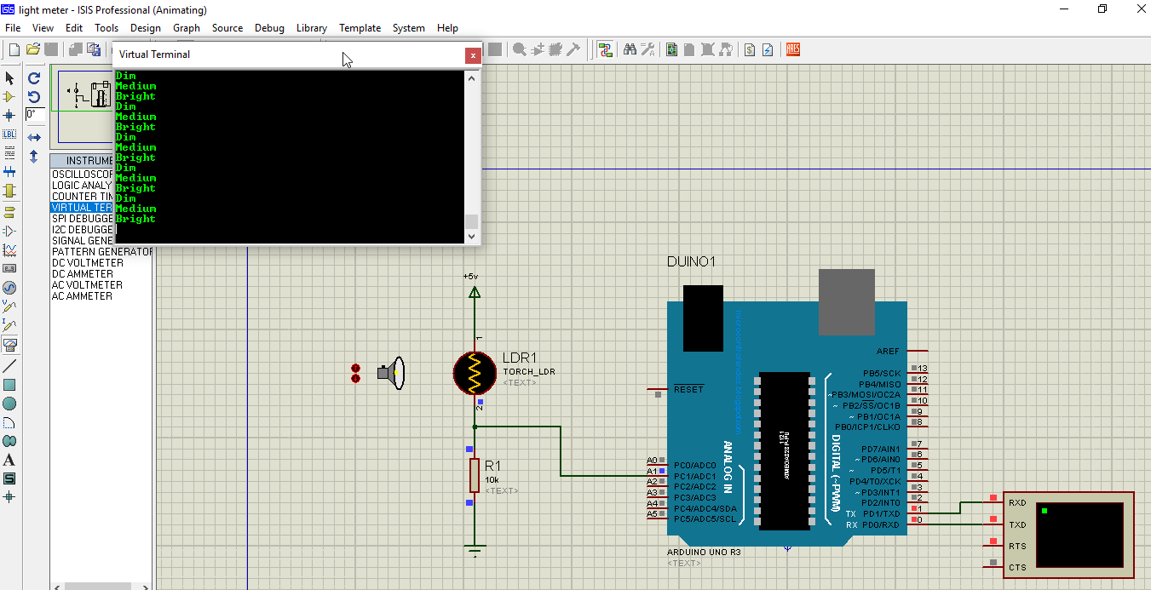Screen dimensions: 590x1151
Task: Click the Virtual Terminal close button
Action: tap(472, 55)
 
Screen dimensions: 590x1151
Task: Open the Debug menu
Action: tap(269, 28)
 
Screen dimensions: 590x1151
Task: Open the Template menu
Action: tap(360, 28)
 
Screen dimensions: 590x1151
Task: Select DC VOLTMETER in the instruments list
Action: tap(88, 263)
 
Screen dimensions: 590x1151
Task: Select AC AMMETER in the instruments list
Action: tap(82, 296)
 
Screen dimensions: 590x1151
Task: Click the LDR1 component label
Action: tap(520, 358)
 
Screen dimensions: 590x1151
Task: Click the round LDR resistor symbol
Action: tap(475, 373)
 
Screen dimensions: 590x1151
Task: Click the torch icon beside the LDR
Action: tap(394, 373)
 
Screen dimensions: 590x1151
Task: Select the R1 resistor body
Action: tap(475, 474)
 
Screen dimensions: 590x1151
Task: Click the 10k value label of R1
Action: tap(492, 480)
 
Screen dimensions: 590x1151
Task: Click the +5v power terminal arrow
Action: tap(475, 292)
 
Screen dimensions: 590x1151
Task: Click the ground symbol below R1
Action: tap(475, 548)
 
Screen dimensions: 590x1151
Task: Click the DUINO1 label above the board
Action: tap(692, 261)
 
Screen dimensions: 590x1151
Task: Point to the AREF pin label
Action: tap(887, 352)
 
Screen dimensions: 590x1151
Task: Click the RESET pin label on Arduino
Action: tap(688, 389)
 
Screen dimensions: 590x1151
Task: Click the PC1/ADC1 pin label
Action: tap(694, 476)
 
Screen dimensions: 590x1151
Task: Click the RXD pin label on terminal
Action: tap(1017, 503)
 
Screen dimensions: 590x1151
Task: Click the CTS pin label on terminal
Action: tap(1017, 567)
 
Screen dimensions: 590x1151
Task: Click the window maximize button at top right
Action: tap(1102, 9)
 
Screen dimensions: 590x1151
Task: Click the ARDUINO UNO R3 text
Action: tap(704, 552)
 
